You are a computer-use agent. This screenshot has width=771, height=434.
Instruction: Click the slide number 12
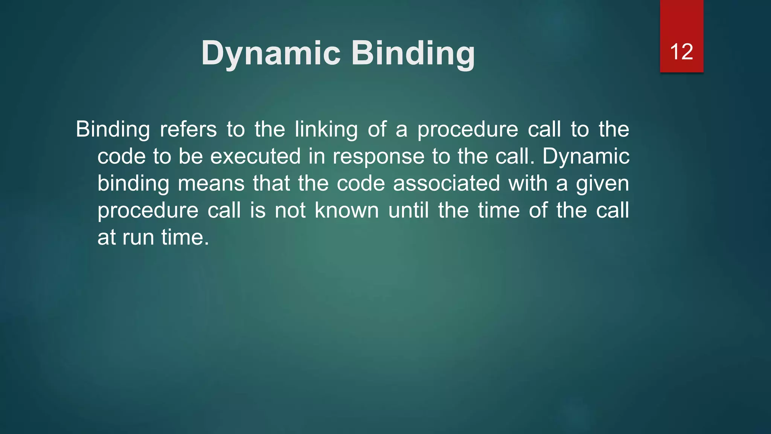coord(681,52)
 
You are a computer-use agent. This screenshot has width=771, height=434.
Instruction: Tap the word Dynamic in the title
coord(271,53)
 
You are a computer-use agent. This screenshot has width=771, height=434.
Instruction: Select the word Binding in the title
coord(413,53)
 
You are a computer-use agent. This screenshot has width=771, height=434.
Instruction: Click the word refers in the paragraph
coord(188,129)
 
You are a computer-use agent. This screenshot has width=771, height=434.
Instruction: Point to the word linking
coord(326,130)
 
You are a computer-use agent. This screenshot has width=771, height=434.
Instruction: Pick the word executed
coord(255,156)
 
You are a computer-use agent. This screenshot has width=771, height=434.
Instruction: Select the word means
coord(211,183)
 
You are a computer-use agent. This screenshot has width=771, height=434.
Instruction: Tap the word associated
coord(446,183)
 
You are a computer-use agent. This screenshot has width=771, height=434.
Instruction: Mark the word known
coord(346,210)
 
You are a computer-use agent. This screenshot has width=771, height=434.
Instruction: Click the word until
coord(408,210)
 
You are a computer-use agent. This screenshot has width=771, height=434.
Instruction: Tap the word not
coord(290,210)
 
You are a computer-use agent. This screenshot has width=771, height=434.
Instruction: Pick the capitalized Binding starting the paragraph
coord(113,130)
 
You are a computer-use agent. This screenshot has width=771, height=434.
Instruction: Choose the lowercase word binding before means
coord(133,184)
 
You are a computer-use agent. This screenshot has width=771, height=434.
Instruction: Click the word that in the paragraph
coord(271,183)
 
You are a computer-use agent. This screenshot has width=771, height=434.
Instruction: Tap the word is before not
coord(258,210)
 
